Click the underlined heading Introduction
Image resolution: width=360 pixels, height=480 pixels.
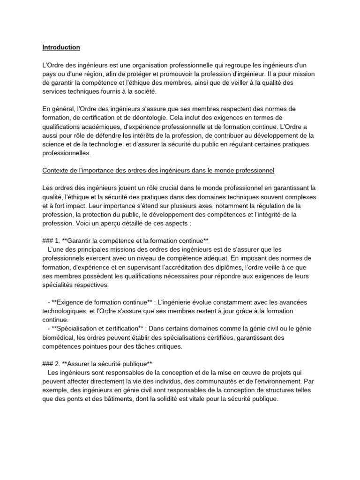pyautogui.click(x=61, y=47)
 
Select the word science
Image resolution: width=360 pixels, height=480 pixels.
pyautogui.click(x=53, y=144)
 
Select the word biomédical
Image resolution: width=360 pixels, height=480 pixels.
pyautogui.click(x=58, y=337)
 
